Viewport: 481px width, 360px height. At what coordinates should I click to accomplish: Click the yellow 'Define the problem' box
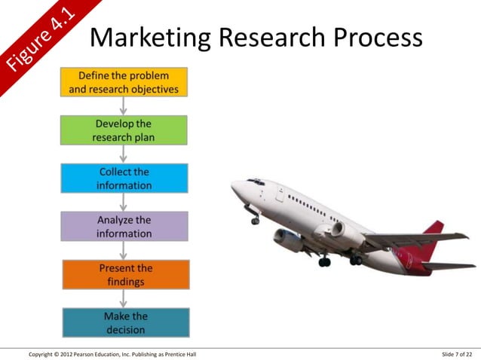tap(124, 82)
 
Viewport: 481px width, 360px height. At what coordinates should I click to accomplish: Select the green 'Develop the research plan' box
tap(124, 130)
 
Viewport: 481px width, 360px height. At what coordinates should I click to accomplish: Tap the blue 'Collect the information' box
tap(124, 178)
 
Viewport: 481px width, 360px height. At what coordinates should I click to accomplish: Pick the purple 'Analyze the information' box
tap(124, 227)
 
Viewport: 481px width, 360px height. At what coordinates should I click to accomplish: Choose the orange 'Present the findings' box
tap(124, 274)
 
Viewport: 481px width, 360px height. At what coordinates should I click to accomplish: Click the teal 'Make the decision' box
tap(124, 322)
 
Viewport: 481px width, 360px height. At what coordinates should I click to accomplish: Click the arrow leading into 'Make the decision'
tap(124, 299)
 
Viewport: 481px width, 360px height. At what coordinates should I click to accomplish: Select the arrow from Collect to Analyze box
tap(124, 203)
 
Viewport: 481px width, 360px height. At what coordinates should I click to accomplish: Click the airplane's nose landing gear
tap(255, 218)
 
